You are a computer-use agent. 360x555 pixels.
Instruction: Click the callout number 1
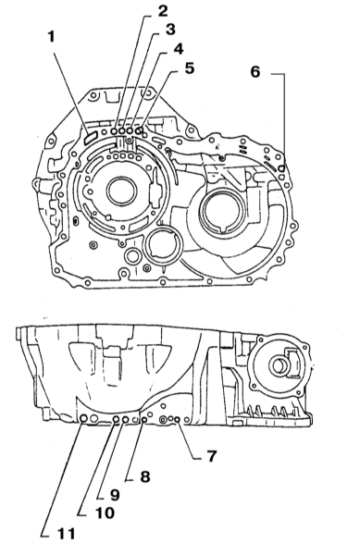(x=52, y=36)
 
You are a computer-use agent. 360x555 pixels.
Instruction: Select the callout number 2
(x=163, y=11)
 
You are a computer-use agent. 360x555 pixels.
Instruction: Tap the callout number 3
(x=170, y=30)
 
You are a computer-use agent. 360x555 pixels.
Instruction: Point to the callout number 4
(x=179, y=49)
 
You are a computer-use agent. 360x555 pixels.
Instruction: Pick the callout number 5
(x=190, y=68)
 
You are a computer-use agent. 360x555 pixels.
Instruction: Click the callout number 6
(x=255, y=72)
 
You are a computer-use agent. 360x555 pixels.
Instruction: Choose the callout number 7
(x=211, y=456)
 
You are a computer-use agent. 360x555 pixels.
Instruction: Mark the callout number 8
(x=144, y=476)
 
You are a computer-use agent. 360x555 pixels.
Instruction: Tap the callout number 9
(x=115, y=495)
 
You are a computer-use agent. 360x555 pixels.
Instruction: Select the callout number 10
(x=105, y=512)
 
